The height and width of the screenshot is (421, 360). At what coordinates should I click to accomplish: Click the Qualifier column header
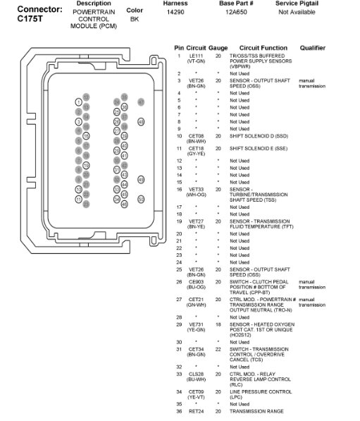[x=312, y=48]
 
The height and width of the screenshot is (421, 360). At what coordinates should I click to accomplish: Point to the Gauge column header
[x=218, y=48]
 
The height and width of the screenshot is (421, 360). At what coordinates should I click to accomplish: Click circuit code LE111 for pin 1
[x=196, y=56]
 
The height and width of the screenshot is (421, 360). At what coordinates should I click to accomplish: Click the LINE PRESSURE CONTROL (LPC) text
[x=260, y=391]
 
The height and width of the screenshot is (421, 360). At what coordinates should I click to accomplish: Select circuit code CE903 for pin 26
[x=196, y=282]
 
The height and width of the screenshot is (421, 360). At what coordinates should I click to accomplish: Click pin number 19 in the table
[x=179, y=221]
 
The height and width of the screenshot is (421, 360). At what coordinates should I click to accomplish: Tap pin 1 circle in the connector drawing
[x=79, y=102]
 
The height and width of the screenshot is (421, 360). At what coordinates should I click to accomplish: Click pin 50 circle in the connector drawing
[x=141, y=200]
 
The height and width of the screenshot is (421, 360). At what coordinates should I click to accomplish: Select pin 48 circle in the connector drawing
[x=141, y=121]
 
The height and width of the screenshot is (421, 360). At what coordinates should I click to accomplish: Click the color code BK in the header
[x=134, y=19]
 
